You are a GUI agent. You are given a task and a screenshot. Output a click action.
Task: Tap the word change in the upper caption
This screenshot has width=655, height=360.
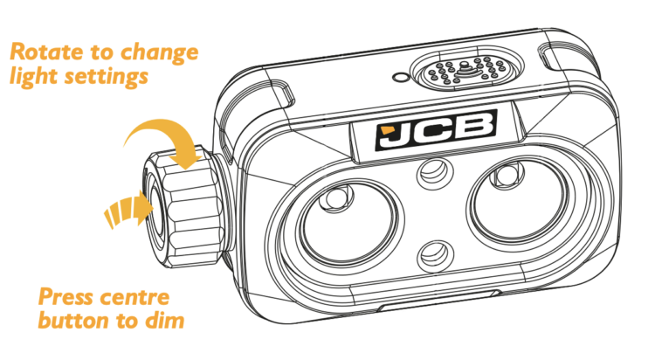pyautogui.click(x=159, y=53)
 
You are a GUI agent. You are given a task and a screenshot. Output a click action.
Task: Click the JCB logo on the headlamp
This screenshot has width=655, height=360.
pyautogui.click(x=436, y=130)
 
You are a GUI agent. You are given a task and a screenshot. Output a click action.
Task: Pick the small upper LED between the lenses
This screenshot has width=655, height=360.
pyautogui.click(x=436, y=172)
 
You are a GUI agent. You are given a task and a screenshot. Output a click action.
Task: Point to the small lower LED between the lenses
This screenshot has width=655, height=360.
pyautogui.click(x=436, y=253)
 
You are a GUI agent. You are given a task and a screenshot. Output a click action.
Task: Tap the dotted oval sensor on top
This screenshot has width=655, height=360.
pyautogui.click(x=466, y=71)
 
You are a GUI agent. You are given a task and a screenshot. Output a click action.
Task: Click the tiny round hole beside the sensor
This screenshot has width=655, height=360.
pyautogui.click(x=399, y=77)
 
